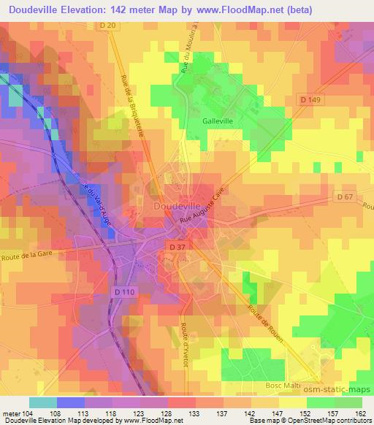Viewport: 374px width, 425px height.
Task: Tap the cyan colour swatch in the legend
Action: (x=43, y=402)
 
